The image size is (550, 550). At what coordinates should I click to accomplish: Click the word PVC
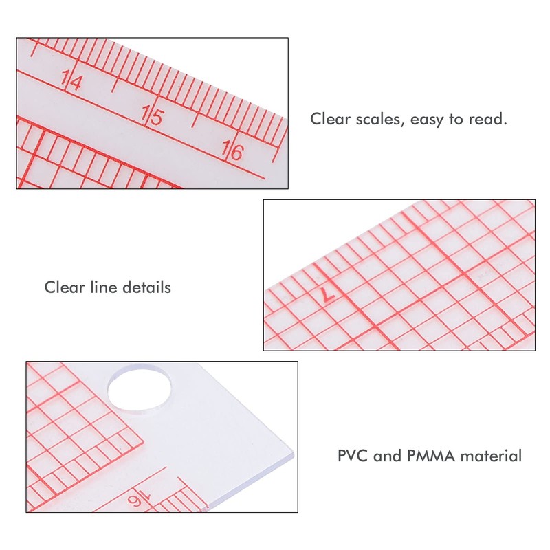coord(352,455)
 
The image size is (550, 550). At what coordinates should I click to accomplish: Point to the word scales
coord(376,119)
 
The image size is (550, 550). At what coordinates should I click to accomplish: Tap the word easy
coord(428,120)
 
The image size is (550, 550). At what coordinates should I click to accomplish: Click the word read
coord(487,119)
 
